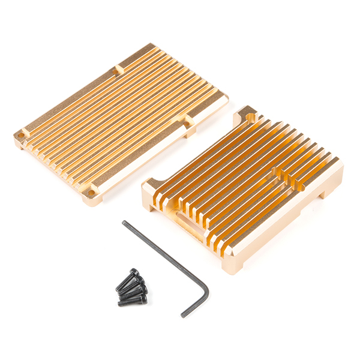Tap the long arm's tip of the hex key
tap(124, 223)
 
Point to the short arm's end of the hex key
tap(183, 314)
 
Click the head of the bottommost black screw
tap(143, 298)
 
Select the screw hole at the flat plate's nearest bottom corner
tap(91, 193)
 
